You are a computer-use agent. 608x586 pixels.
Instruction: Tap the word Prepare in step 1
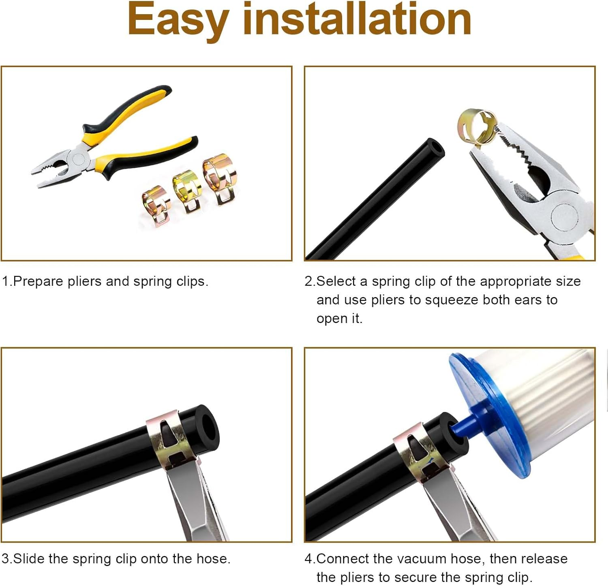pyautogui.click(x=38, y=282)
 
